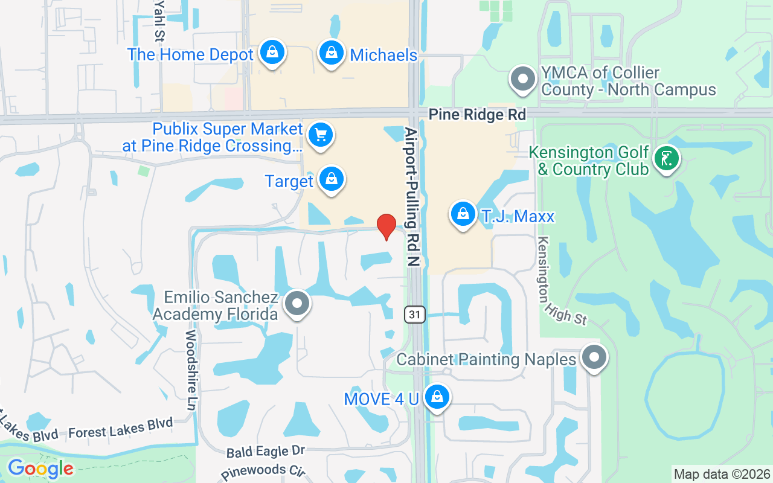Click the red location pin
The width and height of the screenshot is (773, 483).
tap(386, 226)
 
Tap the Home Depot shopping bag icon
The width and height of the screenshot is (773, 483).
tap(272, 53)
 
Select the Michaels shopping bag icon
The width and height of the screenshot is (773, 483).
tap(332, 53)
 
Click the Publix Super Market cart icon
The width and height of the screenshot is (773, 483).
tap(321, 135)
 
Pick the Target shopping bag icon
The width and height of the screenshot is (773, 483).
tap(331, 179)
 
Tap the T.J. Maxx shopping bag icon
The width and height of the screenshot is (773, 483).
tap(463, 214)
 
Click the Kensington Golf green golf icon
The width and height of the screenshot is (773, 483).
tap(666, 159)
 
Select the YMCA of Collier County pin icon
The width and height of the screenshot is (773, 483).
tap(523, 79)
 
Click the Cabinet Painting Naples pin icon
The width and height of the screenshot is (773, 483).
tap(594, 358)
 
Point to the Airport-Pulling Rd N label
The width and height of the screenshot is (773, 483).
tap(412, 196)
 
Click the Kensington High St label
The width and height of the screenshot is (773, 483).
tap(561, 280)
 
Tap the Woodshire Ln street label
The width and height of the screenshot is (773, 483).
tap(191, 370)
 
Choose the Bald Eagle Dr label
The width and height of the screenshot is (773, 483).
tap(266, 451)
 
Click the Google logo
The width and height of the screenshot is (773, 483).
tap(40, 469)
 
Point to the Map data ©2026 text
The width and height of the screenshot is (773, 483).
tap(722, 474)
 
